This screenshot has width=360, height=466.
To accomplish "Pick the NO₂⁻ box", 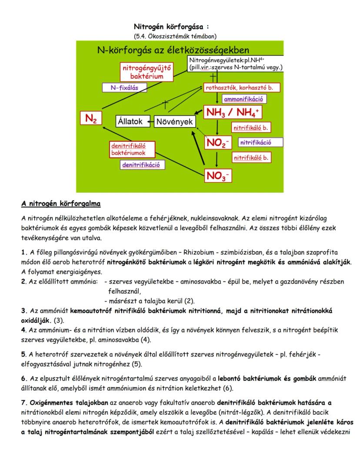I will click(x=217, y=143).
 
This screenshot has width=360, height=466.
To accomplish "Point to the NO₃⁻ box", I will click(x=218, y=176).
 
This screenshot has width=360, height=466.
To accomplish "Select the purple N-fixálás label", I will click(x=124, y=88).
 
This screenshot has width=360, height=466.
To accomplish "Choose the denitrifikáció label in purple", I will click(x=141, y=165).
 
